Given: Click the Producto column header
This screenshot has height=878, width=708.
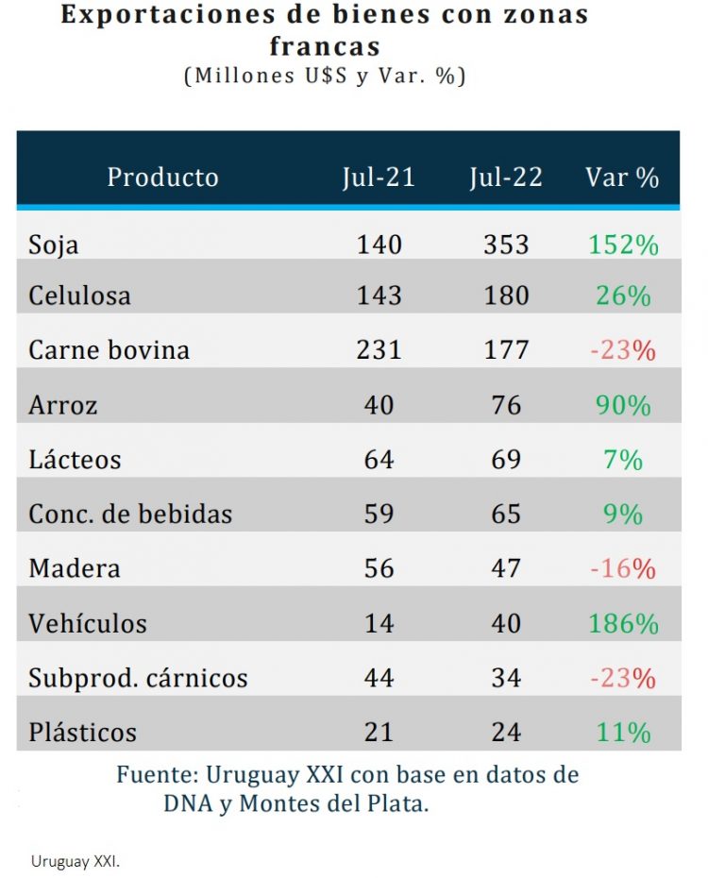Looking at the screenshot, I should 162,177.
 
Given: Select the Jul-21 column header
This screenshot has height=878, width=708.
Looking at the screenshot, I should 379,177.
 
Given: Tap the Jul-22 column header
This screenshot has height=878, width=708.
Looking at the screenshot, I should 506,177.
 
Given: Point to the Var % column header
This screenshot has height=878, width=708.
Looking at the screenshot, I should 622,177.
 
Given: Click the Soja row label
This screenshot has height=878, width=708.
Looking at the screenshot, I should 54,245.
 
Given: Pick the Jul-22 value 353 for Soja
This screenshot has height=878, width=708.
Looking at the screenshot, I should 506,245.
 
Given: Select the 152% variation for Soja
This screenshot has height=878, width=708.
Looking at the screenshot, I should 623,245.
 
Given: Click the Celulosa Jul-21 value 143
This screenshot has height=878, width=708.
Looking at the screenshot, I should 379,296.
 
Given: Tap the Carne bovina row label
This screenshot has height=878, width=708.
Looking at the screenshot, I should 109,350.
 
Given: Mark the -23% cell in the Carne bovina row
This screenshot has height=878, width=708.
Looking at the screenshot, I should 623,350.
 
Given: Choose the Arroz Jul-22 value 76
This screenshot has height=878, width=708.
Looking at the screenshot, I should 506,405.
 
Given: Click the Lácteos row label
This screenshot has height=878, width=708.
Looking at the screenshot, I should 75,460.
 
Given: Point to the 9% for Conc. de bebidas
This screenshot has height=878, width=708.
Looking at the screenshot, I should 623,515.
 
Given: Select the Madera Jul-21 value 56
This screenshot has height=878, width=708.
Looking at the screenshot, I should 379,568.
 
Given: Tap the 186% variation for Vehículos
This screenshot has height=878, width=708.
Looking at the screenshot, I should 623,623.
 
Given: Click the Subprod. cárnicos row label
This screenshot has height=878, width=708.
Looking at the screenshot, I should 138,678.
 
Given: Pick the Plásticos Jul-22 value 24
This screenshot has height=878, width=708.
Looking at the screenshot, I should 506,733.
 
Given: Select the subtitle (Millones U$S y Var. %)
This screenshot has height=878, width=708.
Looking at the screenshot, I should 324,76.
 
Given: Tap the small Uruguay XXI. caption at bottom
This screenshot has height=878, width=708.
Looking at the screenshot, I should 76,861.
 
